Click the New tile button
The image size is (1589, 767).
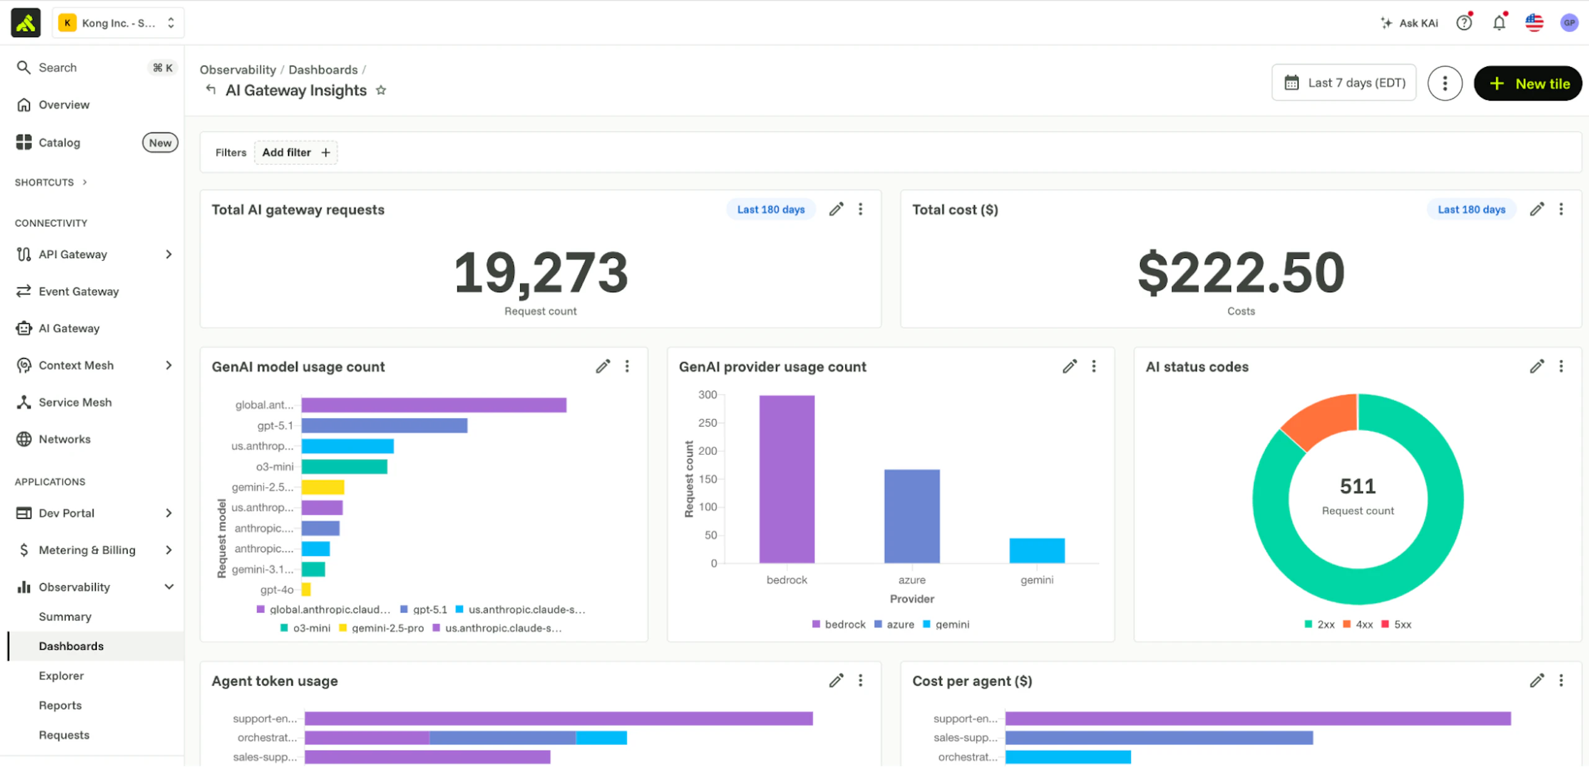click(1528, 83)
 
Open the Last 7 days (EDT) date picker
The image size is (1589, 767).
click(1344, 83)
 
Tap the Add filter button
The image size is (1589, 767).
click(296, 152)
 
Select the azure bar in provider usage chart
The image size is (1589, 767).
click(912, 516)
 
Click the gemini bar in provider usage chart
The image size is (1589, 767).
click(1037, 550)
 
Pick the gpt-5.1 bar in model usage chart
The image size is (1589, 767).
click(384, 426)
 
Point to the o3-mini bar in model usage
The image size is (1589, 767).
click(344, 467)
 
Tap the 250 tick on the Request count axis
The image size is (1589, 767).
click(708, 423)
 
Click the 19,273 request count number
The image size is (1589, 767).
click(541, 272)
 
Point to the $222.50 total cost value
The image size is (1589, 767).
click(1241, 272)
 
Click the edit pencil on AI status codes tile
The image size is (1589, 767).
click(1537, 366)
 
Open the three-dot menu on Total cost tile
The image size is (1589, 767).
click(1561, 209)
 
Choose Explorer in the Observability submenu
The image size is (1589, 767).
click(61, 676)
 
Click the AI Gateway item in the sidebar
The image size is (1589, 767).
click(69, 328)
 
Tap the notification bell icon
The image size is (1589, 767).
click(1499, 23)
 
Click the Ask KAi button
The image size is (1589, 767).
click(1409, 23)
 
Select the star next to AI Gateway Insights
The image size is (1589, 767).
click(381, 91)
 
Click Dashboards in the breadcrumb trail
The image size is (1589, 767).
click(323, 70)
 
